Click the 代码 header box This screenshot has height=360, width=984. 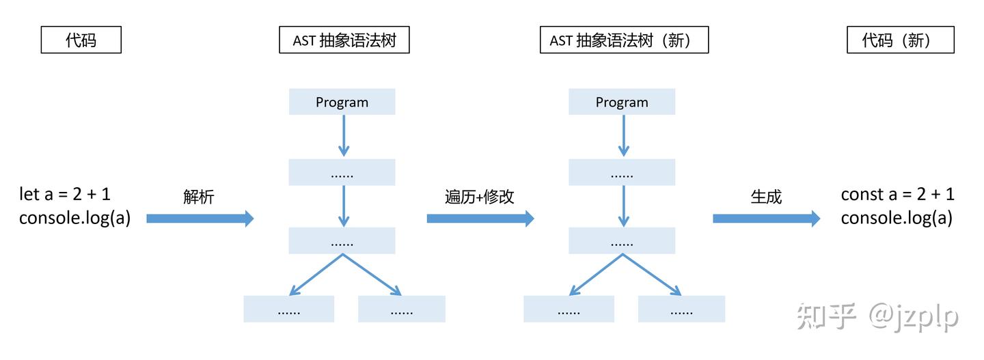tap(81, 40)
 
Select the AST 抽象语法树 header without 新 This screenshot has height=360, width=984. tap(344, 40)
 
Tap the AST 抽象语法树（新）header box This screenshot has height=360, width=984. tap(623, 40)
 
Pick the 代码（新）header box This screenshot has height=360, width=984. tap(900, 40)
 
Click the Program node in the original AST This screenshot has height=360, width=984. tap(342, 102)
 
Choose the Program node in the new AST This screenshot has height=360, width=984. tap(622, 102)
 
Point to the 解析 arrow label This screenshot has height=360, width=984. tap(199, 197)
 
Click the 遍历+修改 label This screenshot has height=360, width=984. tap(479, 197)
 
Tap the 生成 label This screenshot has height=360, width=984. tap(766, 197)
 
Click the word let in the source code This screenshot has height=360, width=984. tap(29, 195)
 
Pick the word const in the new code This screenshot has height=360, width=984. tap(862, 195)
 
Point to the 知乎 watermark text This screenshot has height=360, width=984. tap(826, 317)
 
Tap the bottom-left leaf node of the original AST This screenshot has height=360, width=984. tap(289, 309)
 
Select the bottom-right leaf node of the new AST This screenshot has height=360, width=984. tap(681, 309)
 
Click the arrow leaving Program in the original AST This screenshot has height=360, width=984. tap(344, 135)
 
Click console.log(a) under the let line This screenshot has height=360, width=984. tap(74, 218)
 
